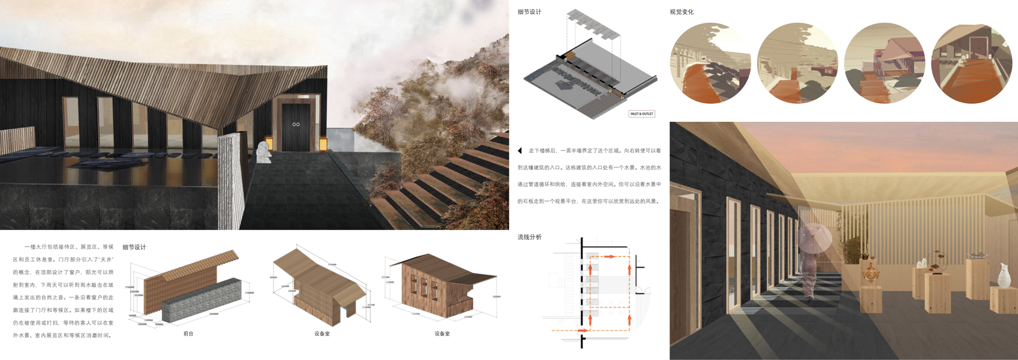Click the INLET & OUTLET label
click(x=641, y=113)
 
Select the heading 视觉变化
click(x=681, y=12)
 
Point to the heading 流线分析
click(x=529, y=237)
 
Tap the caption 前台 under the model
click(x=188, y=334)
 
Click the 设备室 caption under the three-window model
click(x=442, y=334)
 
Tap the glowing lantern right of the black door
click(x=322, y=143)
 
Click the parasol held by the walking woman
click(x=816, y=238)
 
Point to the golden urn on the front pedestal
click(x=869, y=274)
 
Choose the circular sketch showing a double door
click(x=972, y=63)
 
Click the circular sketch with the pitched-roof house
click(x=884, y=63)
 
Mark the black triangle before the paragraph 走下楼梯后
click(x=520, y=151)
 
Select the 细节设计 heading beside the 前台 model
click(x=134, y=247)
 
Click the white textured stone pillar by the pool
click(x=232, y=180)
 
